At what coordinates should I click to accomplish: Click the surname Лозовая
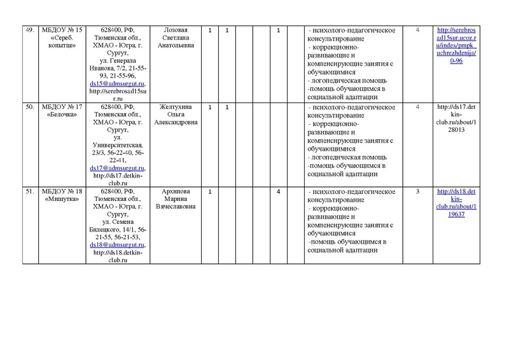click(x=177, y=30)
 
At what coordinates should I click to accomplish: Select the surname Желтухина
click(x=177, y=106)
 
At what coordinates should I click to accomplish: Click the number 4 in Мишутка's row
click(x=279, y=191)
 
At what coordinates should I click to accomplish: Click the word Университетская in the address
click(x=119, y=145)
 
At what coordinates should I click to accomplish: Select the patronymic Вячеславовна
click(x=177, y=207)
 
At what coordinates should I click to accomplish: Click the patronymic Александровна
click(x=177, y=122)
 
